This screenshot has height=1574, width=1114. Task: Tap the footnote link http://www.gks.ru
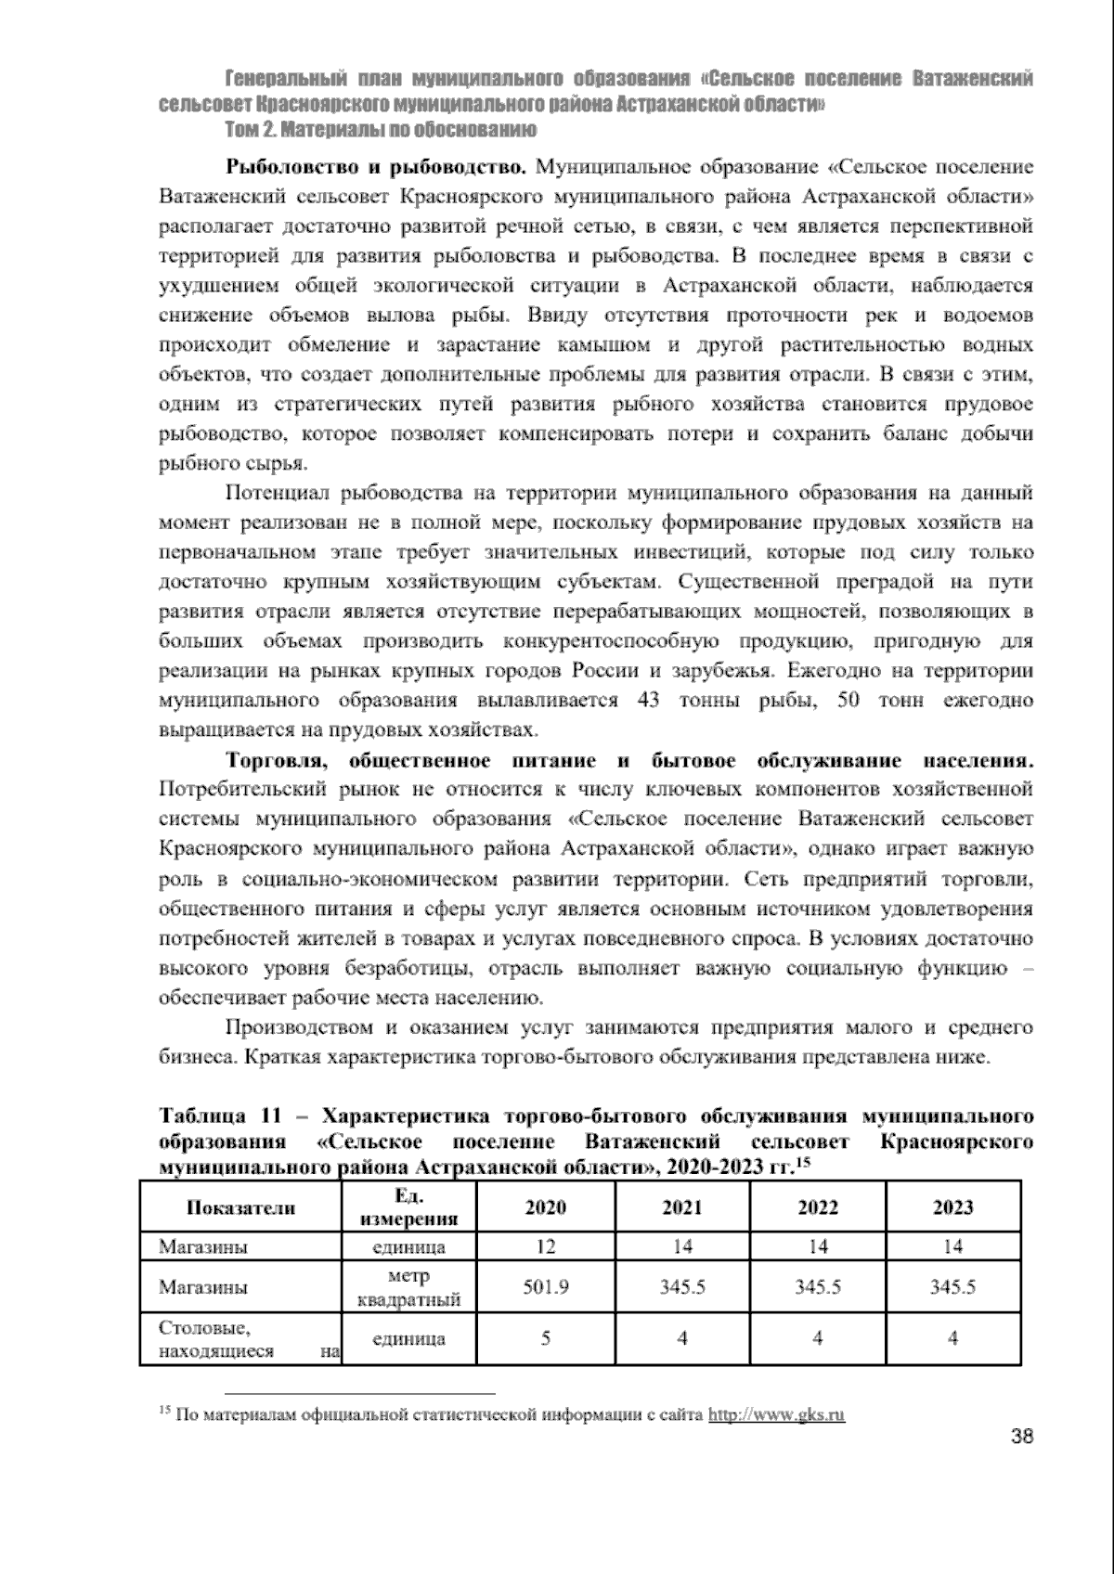[776, 1415]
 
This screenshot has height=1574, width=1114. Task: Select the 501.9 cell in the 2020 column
[546, 1287]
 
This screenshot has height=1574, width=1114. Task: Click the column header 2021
[681, 1206]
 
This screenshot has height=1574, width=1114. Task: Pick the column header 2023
[953, 1206]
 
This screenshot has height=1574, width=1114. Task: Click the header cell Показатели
[241, 1206]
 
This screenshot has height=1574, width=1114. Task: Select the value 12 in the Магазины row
[546, 1246]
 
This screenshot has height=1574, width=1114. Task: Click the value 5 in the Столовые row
[546, 1338]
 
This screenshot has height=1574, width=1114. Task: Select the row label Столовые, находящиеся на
[240, 1338]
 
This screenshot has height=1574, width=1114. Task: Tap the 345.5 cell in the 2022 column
[818, 1287]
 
